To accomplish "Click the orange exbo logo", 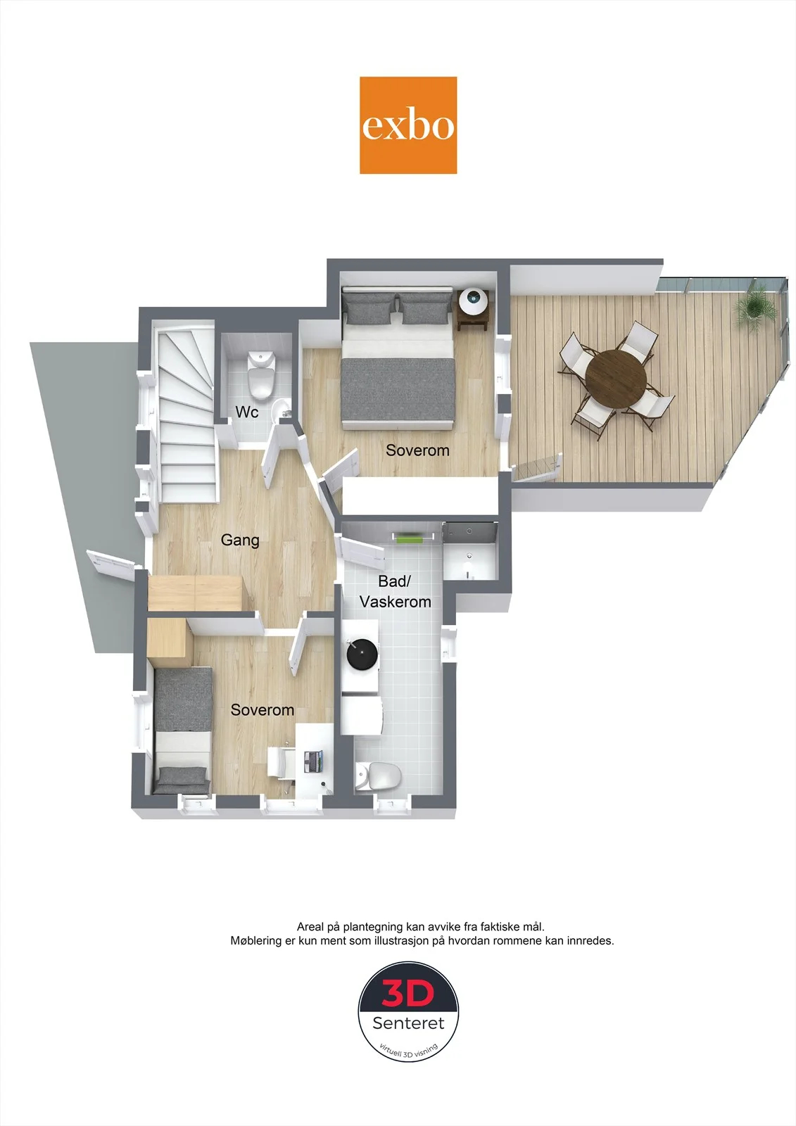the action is (408, 125).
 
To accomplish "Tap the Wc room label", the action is (247, 412).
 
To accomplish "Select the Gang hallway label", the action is (240, 540).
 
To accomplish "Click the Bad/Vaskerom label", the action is (396, 592).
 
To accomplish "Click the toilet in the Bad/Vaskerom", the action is (378, 776).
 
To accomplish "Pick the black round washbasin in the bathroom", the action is (362, 654).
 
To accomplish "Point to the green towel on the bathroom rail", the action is (408, 538).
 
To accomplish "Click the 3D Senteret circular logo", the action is (408, 1012).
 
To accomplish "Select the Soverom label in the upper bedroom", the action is (417, 450).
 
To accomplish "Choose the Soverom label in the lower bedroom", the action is (262, 710).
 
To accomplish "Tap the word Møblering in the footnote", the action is (256, 940).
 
